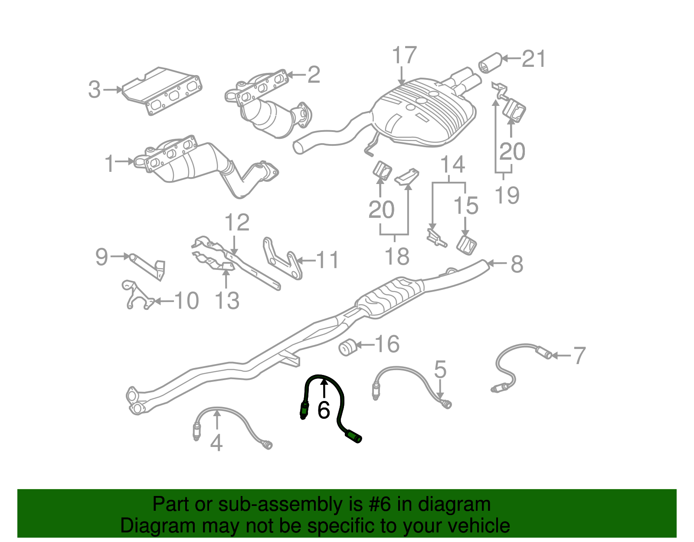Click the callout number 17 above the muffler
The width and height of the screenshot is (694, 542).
pos(404,55)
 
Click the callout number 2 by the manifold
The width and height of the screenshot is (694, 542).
pos(314,75)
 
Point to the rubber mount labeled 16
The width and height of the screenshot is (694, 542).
pos(347,348)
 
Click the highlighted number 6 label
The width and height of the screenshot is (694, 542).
pos(324,410)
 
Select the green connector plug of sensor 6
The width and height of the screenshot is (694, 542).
pos(354,436)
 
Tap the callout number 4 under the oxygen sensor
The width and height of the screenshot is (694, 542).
pos(216,443)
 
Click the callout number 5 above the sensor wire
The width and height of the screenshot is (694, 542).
pos(440,369)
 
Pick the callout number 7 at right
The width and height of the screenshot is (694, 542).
pos(579,355)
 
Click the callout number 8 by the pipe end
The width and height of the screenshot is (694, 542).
pos(517,264)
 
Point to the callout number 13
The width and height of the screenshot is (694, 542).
pos(227,301)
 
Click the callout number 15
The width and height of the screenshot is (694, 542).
pos(466,206)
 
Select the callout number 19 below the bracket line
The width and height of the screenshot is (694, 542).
pos(507,195)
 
